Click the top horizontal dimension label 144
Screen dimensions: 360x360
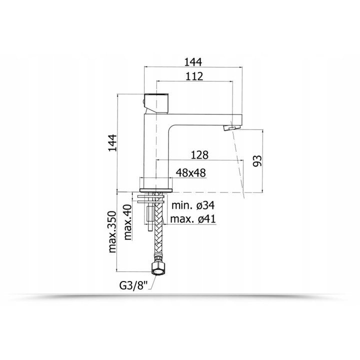tap(193, 62)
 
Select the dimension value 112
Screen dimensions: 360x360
tap(194, 76)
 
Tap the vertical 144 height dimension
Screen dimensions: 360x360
tap(112, 143)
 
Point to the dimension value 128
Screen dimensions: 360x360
tap(199, 155)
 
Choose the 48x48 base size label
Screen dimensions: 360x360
tap(190, 172)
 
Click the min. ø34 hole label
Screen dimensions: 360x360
tap(193, 205)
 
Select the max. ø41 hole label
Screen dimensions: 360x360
tap(193, 219)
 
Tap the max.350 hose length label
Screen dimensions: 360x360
tap(112, 231)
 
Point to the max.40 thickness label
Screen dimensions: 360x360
tap(127, 222)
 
